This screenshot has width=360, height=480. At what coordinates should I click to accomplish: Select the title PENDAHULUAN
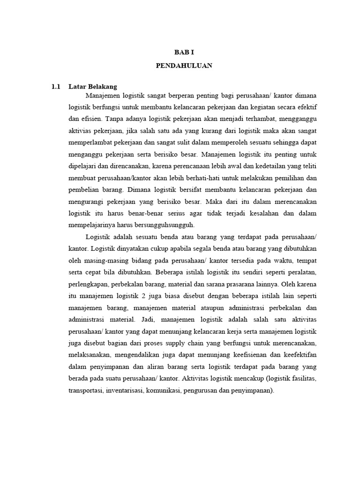[x=184, y=66]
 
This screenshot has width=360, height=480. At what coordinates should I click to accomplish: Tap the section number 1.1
[x=56, y=87]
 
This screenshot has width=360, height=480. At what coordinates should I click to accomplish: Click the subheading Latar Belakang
[x=93, y=87]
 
